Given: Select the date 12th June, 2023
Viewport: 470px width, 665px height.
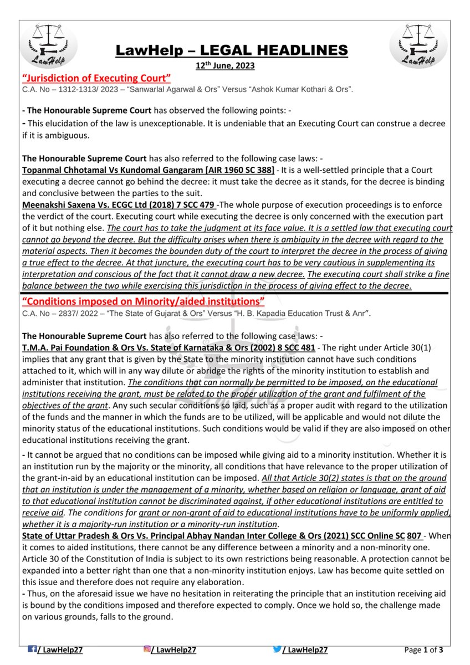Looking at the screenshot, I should point(225,65).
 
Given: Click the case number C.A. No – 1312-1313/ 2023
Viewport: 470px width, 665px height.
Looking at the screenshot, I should point(65,89).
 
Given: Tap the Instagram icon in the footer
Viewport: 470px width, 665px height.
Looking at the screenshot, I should point(147,649).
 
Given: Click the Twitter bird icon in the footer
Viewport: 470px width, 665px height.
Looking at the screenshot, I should point(277,649).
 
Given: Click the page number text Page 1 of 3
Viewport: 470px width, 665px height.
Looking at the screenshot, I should point(423,649).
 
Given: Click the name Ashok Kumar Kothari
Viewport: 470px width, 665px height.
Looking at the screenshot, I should point(275,89).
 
